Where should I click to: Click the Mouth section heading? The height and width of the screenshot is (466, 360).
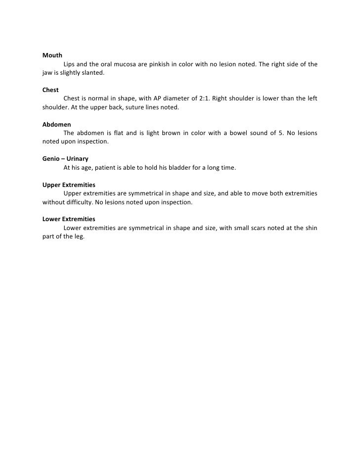(52, 55)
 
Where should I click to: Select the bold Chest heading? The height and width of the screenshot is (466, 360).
(50, 90)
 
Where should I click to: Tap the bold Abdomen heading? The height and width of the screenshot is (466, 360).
(56, 125)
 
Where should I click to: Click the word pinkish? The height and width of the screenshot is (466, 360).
(159, 64)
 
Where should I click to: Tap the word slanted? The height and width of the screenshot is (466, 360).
(93, 73)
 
